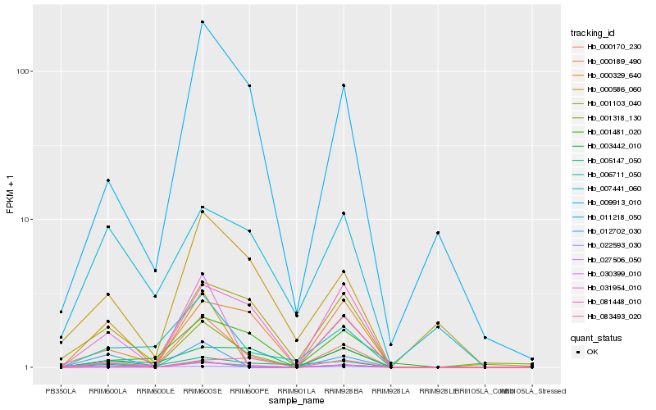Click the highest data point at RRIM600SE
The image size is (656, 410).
coord(202,21)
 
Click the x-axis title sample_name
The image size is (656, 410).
coord(295,400)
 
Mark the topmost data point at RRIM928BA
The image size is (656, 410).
coord(344,85)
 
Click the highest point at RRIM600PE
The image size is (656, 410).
coord(249,85)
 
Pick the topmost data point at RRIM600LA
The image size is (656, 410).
coord(107,180)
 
